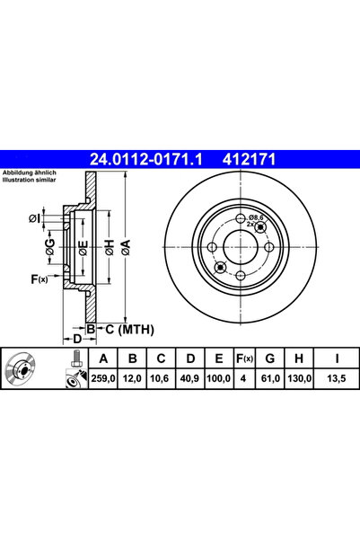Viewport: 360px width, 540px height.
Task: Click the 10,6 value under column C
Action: coord(159,378)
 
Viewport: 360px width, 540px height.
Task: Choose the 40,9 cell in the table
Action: coord(188,378)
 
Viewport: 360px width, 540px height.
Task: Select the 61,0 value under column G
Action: coord(268,378)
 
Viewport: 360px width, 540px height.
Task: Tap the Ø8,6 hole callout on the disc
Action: coord(257,218)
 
